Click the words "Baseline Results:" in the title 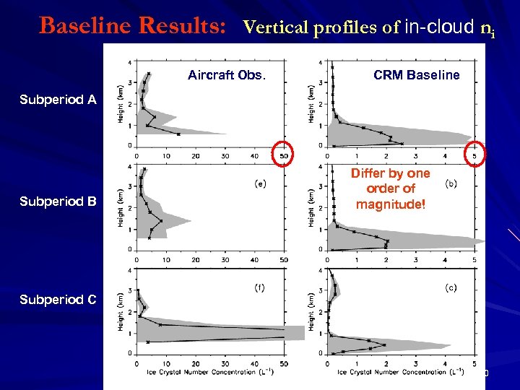click(x=136, y=25)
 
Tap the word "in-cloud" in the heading click(x=440, y=27)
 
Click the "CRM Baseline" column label click(x=416, y=75)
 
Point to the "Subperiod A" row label click(x=58, y=100)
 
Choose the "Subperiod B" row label click(x=58, y=201)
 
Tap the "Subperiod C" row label click(x=58, y=300)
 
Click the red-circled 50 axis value click(x=283, y=155)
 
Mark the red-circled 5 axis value click(x=474, y=155)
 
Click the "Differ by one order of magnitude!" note click(x=390, y=188)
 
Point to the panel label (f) click(x=259, y=287)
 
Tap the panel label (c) click(x=451, y=287)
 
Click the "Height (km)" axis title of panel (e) click(x=122, y=208)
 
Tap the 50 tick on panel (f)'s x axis click(x=283, y=363)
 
